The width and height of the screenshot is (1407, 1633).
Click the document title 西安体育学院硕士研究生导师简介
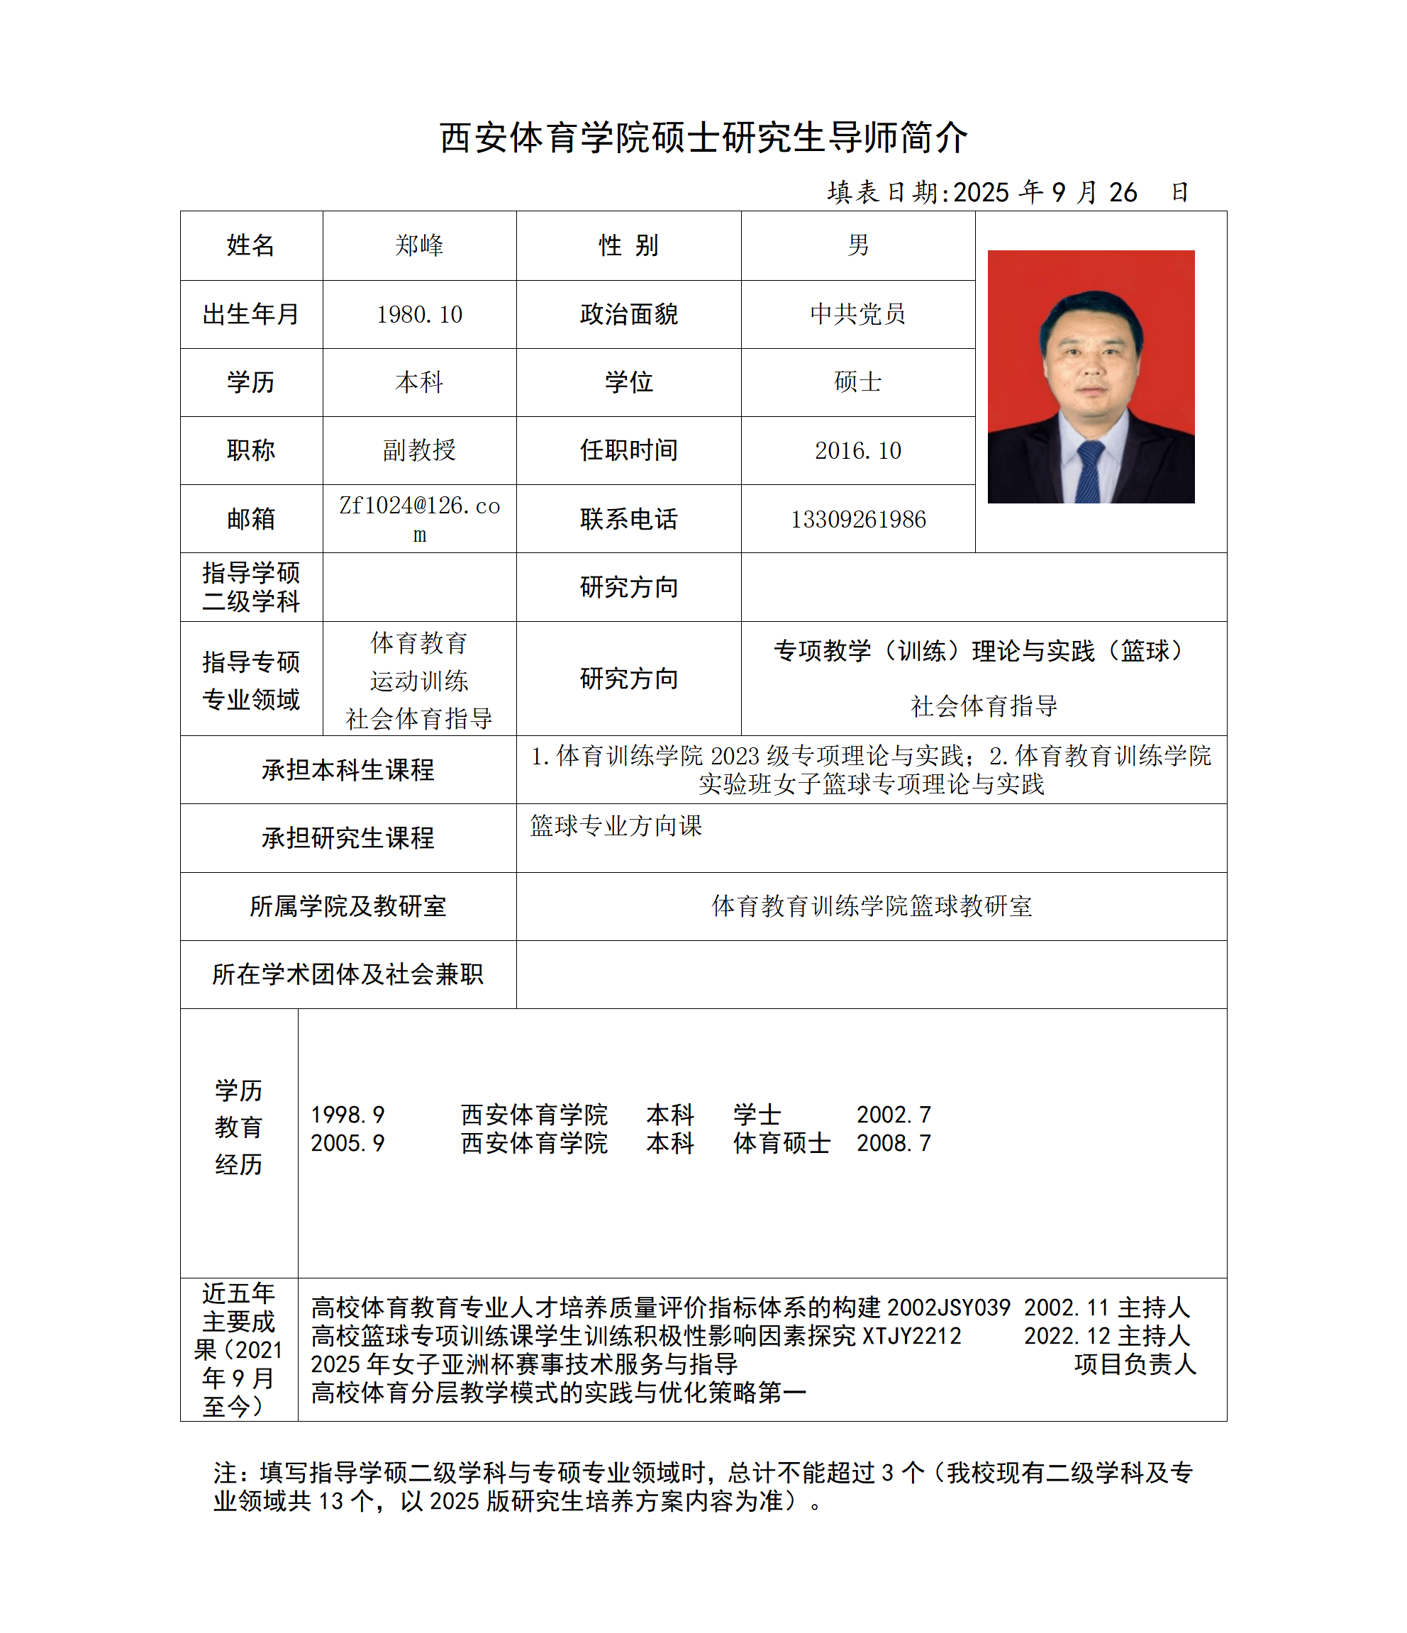703,138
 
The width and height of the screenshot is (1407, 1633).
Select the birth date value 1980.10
419,314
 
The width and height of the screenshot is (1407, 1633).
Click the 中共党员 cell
857,314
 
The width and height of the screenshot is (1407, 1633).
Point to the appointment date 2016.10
857,451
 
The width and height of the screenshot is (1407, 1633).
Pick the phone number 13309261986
857,519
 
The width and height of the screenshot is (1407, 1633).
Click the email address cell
419,519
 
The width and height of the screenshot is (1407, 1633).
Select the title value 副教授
419,451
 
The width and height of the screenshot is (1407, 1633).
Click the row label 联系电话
628,519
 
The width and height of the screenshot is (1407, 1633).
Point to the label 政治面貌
628,314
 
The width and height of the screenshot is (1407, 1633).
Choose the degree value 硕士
857,382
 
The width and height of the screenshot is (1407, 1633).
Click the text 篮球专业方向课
616,826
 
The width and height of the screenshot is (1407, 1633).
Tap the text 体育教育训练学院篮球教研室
871,906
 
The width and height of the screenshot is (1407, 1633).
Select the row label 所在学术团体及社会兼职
347,975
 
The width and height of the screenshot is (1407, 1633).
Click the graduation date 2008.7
894,1144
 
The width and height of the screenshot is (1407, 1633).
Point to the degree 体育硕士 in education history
781,1144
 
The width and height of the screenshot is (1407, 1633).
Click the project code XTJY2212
912,1336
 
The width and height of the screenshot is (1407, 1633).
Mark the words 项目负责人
1135,1364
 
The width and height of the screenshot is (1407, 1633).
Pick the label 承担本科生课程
347,770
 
